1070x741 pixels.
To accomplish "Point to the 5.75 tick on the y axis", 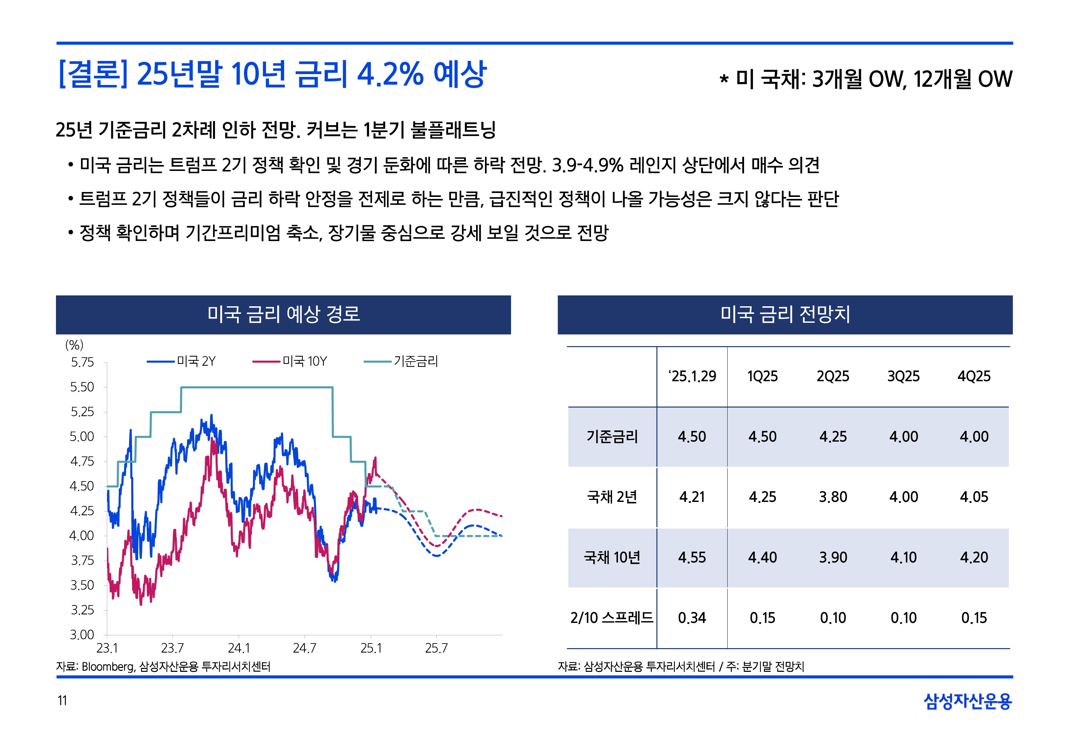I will tap(82, 363).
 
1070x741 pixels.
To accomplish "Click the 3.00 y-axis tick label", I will tap(82, 635).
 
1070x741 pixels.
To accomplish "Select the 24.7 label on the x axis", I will tap(305, 648).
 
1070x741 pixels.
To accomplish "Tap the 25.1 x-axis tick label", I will tap(371, 648).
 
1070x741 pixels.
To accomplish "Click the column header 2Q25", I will tap(833, 376).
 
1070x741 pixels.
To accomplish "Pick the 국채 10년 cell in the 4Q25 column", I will tap(974, 557).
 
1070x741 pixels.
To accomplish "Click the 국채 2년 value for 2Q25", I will tap(833, 497).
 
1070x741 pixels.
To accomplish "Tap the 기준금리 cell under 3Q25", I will tap(903, 436).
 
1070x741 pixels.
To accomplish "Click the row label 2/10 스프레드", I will tap(612, 618).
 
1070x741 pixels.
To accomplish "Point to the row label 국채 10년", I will tap(612, 557).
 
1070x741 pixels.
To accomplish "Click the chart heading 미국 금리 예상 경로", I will tap(283, 314).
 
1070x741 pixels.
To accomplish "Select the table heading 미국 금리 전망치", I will tap(785, 314).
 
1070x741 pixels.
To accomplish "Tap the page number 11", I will tap(62, 700).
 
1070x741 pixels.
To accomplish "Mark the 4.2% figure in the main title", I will tap(390, 74).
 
